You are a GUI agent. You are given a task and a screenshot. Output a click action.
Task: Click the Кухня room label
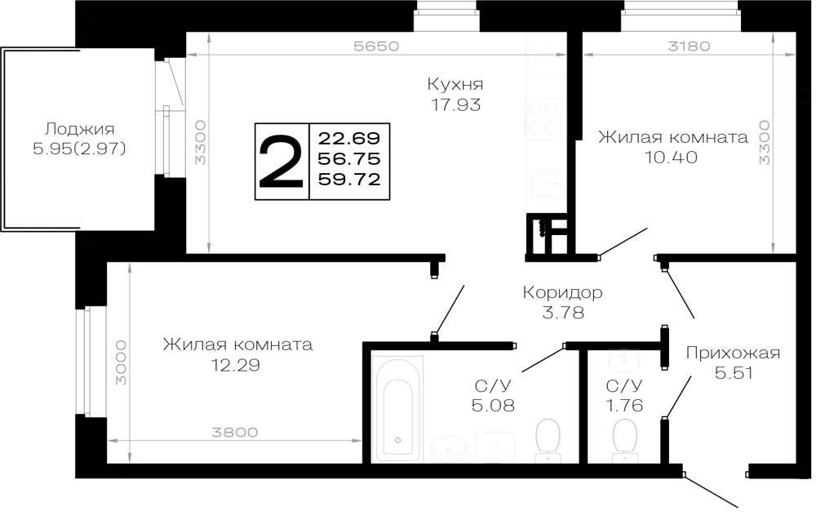coord(455,84)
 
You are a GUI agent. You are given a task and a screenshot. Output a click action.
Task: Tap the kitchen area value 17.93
coord(455,105)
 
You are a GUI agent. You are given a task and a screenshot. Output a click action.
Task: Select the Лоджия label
coord(79,129)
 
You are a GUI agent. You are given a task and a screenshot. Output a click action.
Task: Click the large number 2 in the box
coord(281,162)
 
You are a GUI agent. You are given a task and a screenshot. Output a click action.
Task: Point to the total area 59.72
coord(349,180)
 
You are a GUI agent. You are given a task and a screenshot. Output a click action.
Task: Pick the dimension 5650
coord(376,46)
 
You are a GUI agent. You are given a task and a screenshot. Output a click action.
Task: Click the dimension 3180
coord(689,46)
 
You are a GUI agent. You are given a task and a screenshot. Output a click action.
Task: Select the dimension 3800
coord(235,432)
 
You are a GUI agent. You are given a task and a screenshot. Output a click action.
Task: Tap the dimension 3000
coord(121,362)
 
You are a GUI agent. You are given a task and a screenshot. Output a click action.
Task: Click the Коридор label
coord(562,292)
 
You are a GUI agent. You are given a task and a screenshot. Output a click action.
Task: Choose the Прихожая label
coord(733,353)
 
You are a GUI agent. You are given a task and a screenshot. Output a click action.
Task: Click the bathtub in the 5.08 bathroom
coord(399,409)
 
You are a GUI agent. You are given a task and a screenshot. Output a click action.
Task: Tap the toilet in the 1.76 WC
coord(625,440)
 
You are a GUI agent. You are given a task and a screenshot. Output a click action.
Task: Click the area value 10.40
coord(671,157)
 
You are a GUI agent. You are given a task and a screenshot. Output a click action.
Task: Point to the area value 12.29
coord(235,365)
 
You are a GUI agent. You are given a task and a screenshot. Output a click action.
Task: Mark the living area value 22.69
coord(349,139)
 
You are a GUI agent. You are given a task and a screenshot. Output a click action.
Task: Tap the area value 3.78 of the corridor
coord(562,313)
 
